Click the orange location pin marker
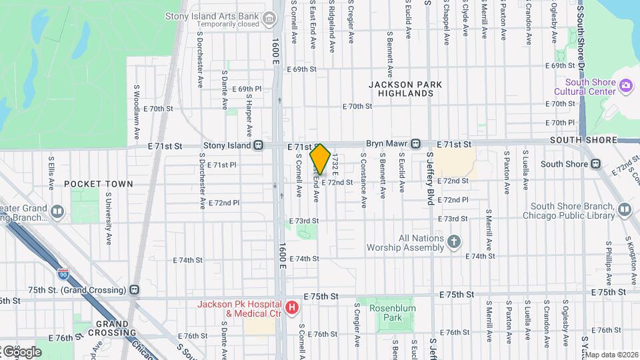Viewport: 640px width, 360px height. tap(320, 159)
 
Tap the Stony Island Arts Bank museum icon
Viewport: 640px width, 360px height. tap(269, 18)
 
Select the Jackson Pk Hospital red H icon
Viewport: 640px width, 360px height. tap(291, 307)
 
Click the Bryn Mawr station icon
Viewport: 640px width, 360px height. tap(415, 144)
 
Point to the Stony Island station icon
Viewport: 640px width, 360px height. tap(258, 145)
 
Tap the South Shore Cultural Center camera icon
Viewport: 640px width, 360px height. tap(625, 85)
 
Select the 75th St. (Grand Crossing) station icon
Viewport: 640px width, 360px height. tap(135, 290)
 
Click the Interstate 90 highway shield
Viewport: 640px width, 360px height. tap(63, 273)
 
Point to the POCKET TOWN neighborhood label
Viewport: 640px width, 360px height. tap(99, 183)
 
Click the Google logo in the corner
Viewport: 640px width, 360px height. tap(21, 351)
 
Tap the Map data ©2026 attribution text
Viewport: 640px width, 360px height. tap(611, 355)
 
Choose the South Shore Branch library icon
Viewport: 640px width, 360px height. tap(625, 210)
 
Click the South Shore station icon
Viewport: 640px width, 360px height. tap(595, 164)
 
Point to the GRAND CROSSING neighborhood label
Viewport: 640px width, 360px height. tap(111, 328)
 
